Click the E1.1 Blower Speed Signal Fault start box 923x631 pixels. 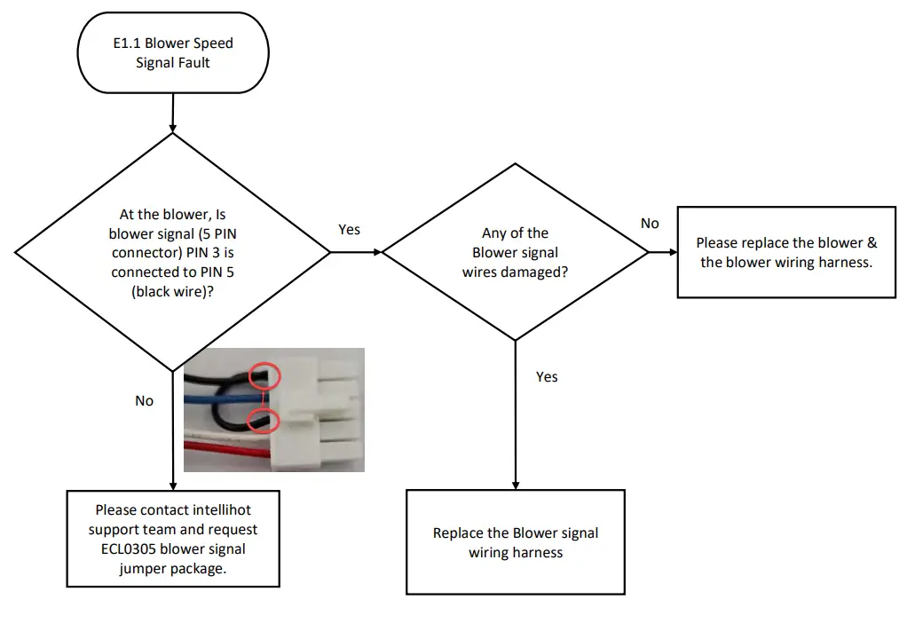[172, 53]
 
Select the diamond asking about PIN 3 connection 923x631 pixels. [172, 253]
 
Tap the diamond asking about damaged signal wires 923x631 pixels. [515, 253]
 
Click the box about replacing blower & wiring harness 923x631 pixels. [785, 253]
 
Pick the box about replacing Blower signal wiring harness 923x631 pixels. [515, 542]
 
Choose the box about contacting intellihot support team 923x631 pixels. [172, 539]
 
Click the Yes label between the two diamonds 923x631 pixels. [350, 230]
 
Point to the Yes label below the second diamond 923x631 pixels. [547, 377]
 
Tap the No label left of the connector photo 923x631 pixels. [144, 401]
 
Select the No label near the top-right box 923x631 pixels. [650, 224]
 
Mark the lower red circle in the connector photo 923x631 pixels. [261, 420]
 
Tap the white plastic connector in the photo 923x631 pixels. [319, 408]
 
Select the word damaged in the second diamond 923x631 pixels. [535, 272]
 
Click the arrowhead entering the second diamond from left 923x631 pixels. [377, 253]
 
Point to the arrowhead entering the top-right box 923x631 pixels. [673, 253]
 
